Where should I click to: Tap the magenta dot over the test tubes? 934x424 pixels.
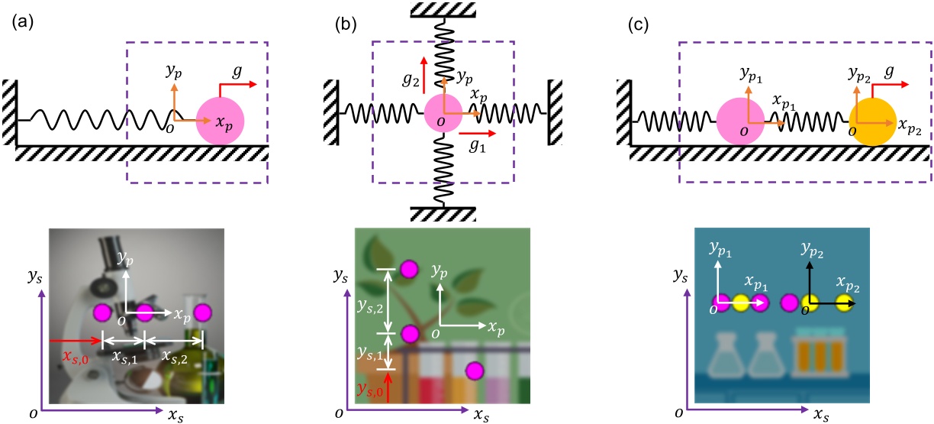click(x=475, y=371)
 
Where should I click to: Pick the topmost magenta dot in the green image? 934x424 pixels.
click(x=410, y=269)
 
